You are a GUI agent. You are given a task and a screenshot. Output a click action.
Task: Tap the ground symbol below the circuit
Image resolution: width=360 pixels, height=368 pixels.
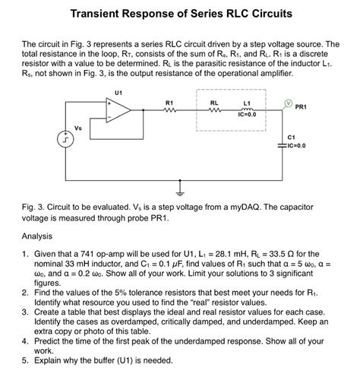tap(180, 186)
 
